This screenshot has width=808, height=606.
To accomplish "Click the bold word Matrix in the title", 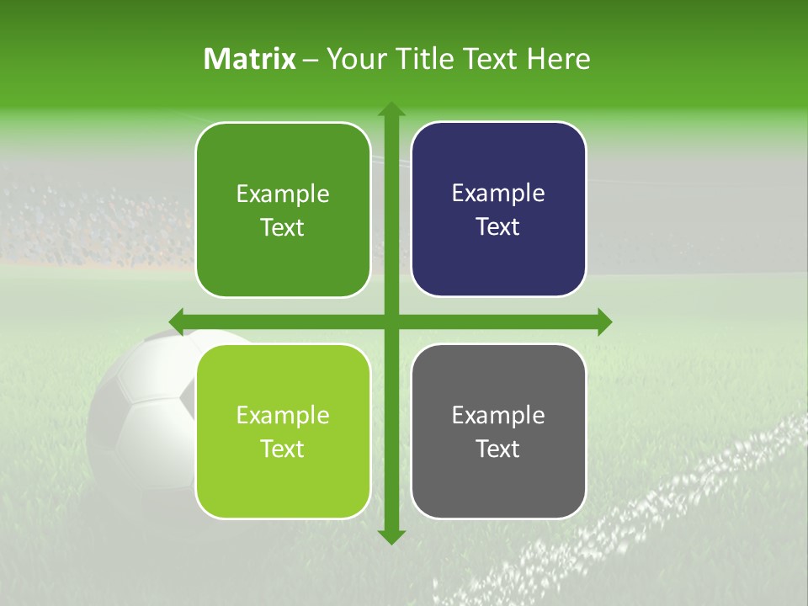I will coord(250,59).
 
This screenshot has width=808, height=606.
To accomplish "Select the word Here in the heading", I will coord(558,59).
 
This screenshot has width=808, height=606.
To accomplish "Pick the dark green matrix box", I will coord(283,210).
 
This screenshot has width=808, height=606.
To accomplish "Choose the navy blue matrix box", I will coord(498,209).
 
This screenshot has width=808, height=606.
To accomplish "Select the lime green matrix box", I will coord(283,431).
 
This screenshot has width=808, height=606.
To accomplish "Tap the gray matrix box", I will coord(498,431).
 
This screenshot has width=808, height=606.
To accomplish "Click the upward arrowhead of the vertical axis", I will coord(391,109).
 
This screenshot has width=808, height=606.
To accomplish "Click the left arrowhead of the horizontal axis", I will coord(178,322).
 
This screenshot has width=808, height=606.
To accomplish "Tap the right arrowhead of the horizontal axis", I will coord(603,322).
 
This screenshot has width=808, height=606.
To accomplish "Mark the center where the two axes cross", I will coord(391,322).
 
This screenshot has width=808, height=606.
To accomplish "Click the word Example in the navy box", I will coord(498,193).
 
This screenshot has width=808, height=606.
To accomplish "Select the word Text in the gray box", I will coord(498,449).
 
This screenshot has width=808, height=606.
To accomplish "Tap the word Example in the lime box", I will coord(283,415).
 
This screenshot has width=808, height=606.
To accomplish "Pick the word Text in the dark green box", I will coord(283,227).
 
